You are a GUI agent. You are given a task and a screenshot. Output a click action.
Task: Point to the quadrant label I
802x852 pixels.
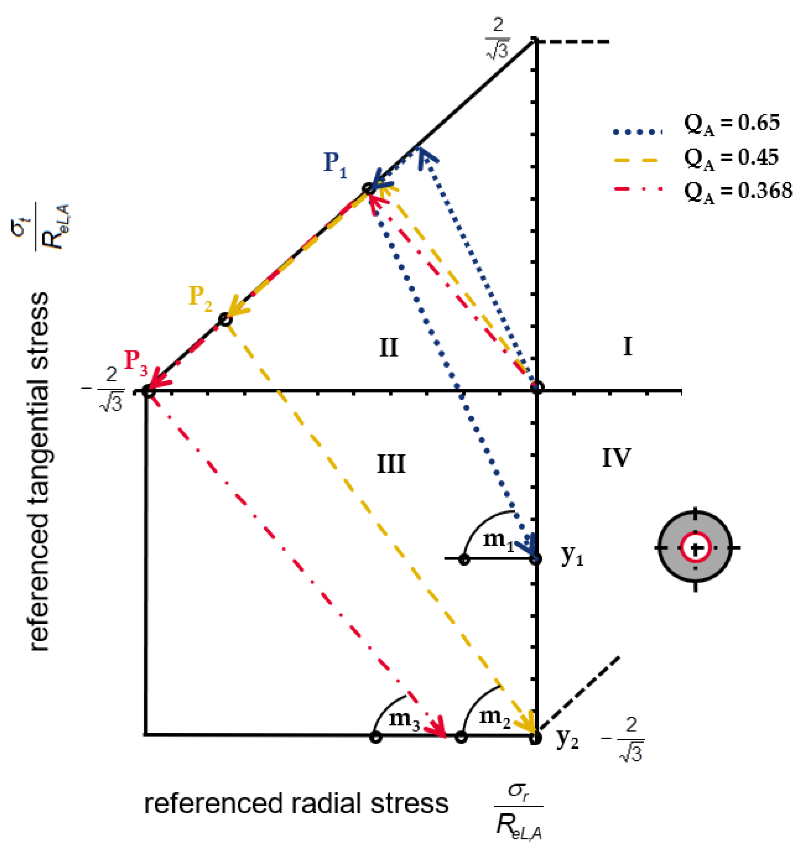tap(627, 347)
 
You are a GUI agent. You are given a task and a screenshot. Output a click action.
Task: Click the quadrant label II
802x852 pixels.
tap(388, 348)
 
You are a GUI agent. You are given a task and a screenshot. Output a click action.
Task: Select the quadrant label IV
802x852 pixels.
tap(616, 458)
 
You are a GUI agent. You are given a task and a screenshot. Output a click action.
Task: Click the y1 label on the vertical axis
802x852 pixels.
tap(572, 557)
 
